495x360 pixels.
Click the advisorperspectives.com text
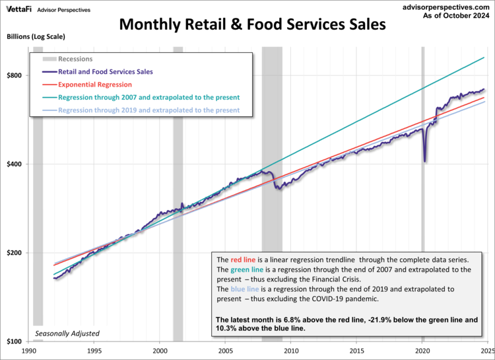(447, 6)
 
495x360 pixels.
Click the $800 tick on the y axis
(15, 75)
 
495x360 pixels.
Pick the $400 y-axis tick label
(15, 164)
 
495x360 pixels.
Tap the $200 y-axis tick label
(15, 253)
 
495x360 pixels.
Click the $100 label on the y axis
(15, 342)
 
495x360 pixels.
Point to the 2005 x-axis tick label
(226, 351)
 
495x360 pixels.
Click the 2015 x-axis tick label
(356, 351)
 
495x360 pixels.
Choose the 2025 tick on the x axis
(486, 351)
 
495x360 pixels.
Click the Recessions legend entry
(76, 59)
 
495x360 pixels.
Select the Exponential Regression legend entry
(95, 85)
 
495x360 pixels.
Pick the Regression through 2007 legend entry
(148, 97)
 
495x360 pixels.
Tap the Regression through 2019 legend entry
(148, 110)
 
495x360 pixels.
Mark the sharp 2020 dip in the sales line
(425, 161)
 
